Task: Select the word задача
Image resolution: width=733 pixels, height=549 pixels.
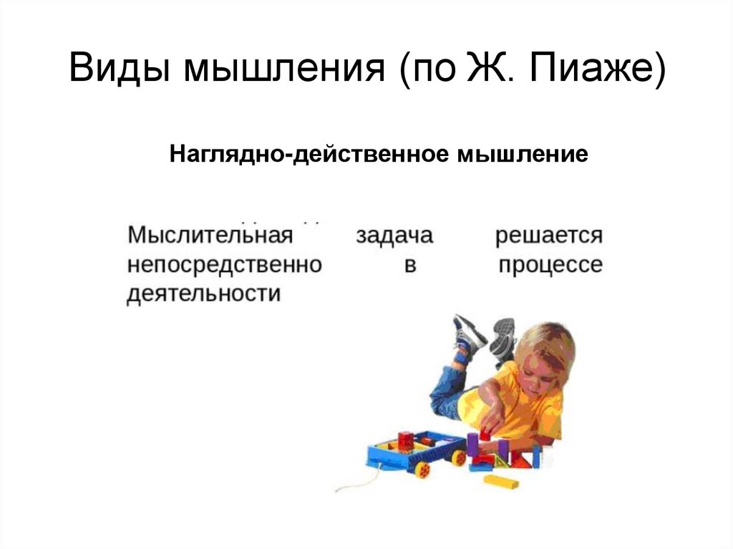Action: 394,235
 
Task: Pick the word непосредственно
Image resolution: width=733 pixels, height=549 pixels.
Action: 224,266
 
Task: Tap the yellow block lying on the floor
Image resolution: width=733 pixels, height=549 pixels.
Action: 501,480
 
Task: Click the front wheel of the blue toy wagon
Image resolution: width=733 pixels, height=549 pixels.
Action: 422,470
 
